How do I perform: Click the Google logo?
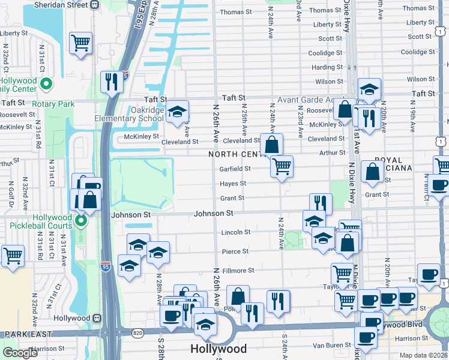click(20, 353)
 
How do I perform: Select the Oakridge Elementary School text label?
click(128, 114)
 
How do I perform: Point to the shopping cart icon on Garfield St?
click(282, 166)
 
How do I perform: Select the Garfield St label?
click(235, 169)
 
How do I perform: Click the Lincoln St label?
click(236, 232)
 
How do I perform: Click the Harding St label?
click(327, 67)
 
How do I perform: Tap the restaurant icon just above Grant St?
click(321, 203)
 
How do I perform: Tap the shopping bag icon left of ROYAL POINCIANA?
click(373, 172)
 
